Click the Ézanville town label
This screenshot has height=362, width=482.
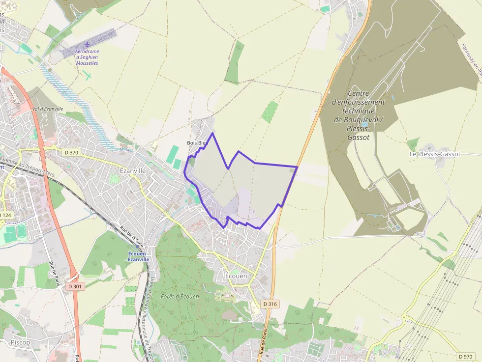click(133, 170)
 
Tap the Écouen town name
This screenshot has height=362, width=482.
click(236, 276)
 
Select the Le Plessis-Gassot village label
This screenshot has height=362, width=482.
click(435, 154)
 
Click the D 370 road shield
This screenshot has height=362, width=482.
click(71, 153)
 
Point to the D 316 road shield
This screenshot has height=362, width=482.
click(270, 304)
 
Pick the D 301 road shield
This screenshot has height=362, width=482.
click(77, 285)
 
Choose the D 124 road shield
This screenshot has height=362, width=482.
click(5, 215)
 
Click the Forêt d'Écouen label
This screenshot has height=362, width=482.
click(180, 297)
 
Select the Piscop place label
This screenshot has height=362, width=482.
click(20, 342)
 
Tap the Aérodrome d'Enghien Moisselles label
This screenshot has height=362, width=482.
click(87, 57)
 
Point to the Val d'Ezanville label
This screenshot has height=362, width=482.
click(47, 109)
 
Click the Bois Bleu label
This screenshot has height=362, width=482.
click(196, 143)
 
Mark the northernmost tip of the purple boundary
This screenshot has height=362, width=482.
click(212, 133)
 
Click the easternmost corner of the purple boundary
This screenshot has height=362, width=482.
click(298, 167)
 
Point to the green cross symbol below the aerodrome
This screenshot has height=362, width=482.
click(88, 75)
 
